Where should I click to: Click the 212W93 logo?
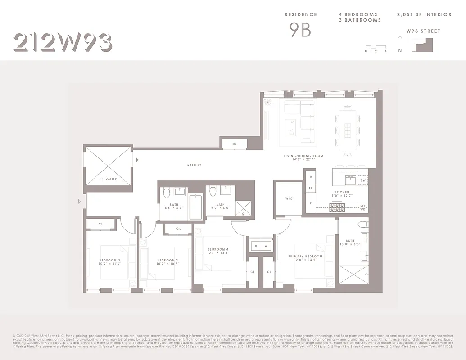[x=62, y=43]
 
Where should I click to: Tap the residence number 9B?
[x=300, y=30]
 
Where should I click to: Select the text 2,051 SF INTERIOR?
[x=424, y=14]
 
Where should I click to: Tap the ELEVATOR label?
[x=108, y=179]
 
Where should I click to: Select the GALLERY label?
[x=194, y=165]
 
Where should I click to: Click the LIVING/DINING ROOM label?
[x=303, y=156]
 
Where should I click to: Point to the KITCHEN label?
[x=342, y=193]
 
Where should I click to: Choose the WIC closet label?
[x=289, y=198]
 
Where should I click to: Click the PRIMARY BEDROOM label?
[x=305, y=256]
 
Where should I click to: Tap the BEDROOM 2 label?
[x=110, y=261]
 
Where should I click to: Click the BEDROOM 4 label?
[x=218, y=250]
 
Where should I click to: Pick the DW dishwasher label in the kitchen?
[x=363, y=180]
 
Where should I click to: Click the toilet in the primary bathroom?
[x=362, y=225]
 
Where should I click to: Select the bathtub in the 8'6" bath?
[x=196, y=207]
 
